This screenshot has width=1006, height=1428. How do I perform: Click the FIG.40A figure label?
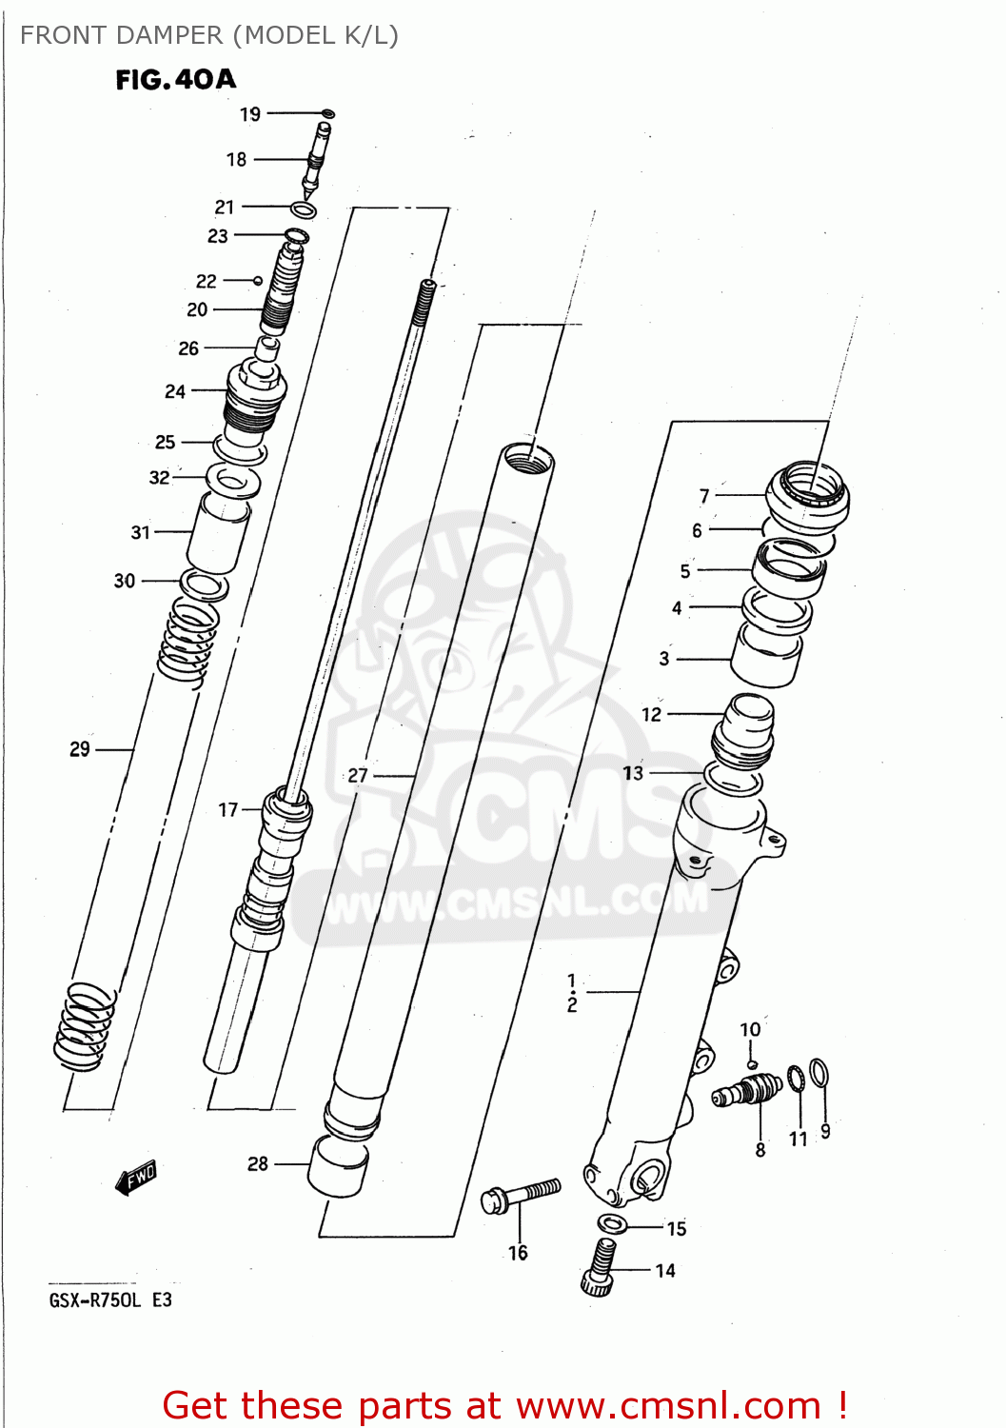coord(175,80)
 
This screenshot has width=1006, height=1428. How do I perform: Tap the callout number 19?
coord(249,114)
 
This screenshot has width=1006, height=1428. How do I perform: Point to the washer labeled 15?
coord(611,1222)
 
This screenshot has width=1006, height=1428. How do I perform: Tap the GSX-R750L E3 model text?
coord(110,1300)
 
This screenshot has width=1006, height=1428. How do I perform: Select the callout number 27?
coord(358,776)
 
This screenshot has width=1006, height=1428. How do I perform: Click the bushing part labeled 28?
coord(338,1164)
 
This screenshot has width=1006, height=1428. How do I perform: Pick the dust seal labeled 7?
coord(808,492)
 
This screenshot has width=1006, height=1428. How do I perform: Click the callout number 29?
coord(80,750)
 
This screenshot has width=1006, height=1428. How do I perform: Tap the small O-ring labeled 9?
coord(819,1073)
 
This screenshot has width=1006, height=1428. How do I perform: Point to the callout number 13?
coord(633,773)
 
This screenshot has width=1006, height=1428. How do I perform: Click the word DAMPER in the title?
coord(168,35)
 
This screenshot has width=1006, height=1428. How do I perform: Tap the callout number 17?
coord(228,810)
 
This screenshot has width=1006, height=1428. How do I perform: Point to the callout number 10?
coord(750,1029)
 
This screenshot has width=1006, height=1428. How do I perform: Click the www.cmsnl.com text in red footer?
coord(668,1406)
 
